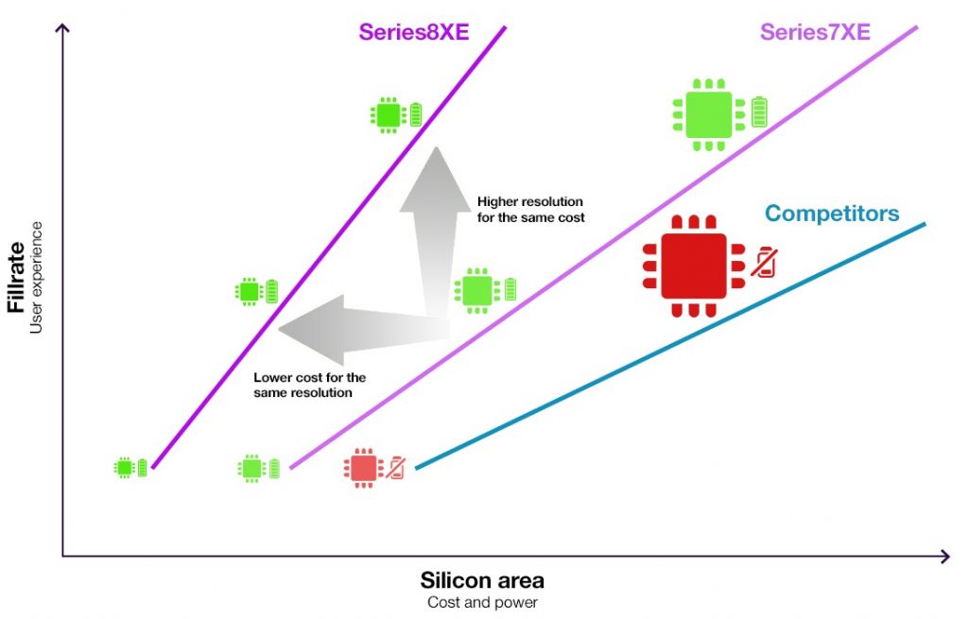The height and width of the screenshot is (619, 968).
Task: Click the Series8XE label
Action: [x=414, y=32]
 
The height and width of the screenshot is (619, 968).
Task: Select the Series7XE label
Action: [x=815, y=32]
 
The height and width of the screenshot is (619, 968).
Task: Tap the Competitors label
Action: [x=832, y=214]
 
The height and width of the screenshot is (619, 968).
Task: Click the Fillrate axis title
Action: [x=16, y=278]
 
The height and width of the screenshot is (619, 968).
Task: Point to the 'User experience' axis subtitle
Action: [x=36, y=278]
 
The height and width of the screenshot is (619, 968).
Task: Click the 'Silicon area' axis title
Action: [x=482, y=581]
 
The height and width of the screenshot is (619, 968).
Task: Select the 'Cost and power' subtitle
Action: [x=482, y=603]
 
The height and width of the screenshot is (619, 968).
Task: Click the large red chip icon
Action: [x=694, y=266]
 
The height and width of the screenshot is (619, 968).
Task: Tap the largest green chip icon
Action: [x=709, y=114]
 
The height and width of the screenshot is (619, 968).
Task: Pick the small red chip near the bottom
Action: [x=363, y=468]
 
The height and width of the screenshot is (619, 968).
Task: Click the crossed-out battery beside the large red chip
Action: [x=764, y=263]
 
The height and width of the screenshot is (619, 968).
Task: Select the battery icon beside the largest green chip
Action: [x=759, y=112]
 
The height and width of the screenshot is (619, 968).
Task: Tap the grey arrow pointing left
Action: [x=364, y=330]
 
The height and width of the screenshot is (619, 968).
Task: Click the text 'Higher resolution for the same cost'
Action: [x=531, y=210]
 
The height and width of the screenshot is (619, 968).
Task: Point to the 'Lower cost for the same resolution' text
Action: [x=309, y=385]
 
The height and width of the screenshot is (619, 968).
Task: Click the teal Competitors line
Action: [x=670, y=346]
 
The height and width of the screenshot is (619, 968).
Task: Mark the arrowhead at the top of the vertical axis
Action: [x=62, y=26]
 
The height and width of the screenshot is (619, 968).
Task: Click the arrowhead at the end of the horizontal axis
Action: [x=945, y=557]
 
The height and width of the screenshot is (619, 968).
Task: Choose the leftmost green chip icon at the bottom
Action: [x=125, y=468]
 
